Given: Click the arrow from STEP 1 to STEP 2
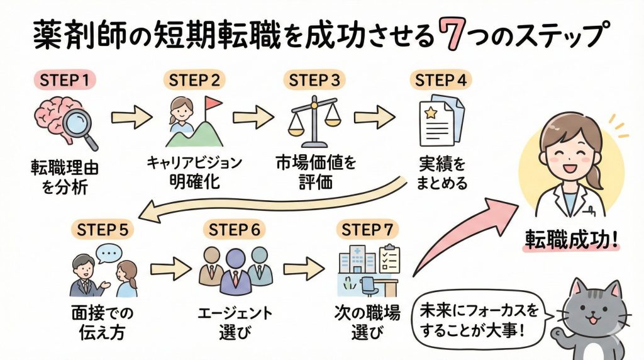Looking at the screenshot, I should click(131, 117).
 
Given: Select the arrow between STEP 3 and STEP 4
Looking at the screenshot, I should click(374, 117).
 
